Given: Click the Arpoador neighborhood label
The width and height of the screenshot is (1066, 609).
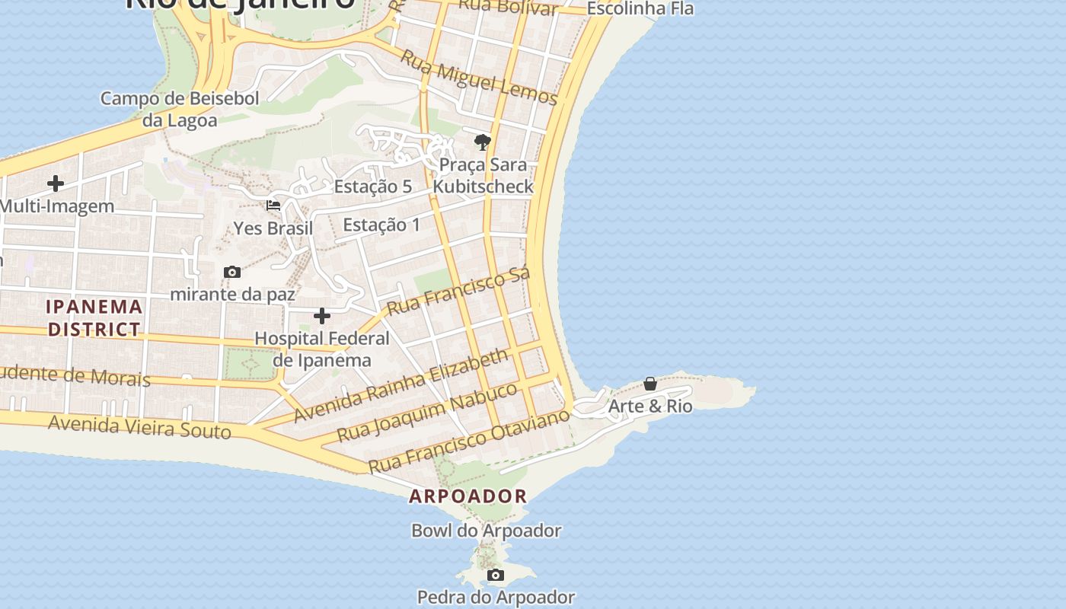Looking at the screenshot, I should [468, 496].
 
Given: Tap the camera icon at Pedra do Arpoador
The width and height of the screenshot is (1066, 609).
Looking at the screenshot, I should [496, 575].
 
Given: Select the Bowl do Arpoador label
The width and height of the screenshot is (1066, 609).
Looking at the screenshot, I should [486, 531].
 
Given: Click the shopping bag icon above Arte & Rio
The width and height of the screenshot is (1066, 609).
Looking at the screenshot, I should [650, 384].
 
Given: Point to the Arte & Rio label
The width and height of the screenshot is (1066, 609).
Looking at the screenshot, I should [650, 406].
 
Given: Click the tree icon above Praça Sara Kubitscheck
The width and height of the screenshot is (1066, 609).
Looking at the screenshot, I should [482, 142].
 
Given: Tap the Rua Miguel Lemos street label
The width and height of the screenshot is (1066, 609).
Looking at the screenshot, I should [479, 78].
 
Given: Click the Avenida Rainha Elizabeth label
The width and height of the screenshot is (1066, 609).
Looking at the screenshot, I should [401, 385].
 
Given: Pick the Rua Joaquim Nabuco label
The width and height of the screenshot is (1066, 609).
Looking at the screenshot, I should [427, 412].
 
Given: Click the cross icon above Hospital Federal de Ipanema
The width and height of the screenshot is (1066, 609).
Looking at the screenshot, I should [322, 315].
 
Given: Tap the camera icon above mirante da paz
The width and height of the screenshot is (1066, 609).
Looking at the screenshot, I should [232, 272].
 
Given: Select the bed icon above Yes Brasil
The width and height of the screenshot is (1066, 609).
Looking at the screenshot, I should [273, 206].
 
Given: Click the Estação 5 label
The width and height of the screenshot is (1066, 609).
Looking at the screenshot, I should [373, 187].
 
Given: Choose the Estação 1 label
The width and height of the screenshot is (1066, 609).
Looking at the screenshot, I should [381, 225].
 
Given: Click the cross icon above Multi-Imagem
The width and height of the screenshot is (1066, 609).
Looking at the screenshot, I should [56, 183].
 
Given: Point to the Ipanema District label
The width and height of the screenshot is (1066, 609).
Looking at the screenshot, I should [94, 317].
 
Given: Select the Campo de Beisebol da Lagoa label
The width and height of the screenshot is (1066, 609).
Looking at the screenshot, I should [180, 109].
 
